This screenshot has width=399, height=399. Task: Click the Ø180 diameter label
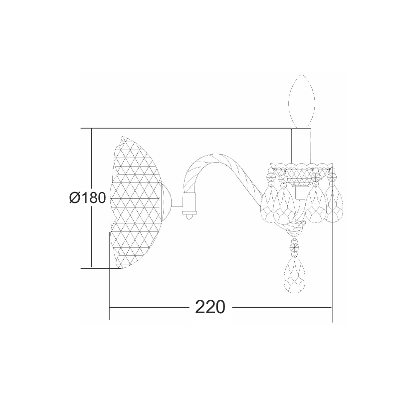point(87,198)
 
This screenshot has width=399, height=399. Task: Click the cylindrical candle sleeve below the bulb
point(301,145)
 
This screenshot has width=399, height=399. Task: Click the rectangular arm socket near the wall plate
point(189,201)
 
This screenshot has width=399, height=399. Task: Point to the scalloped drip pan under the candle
point(301,165)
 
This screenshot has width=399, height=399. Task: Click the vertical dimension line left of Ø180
point(92,165)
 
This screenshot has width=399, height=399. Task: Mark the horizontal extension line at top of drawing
point(190,128)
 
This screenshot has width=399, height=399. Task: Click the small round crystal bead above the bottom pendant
point(295,246)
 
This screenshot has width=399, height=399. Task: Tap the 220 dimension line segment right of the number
point(282,307)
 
